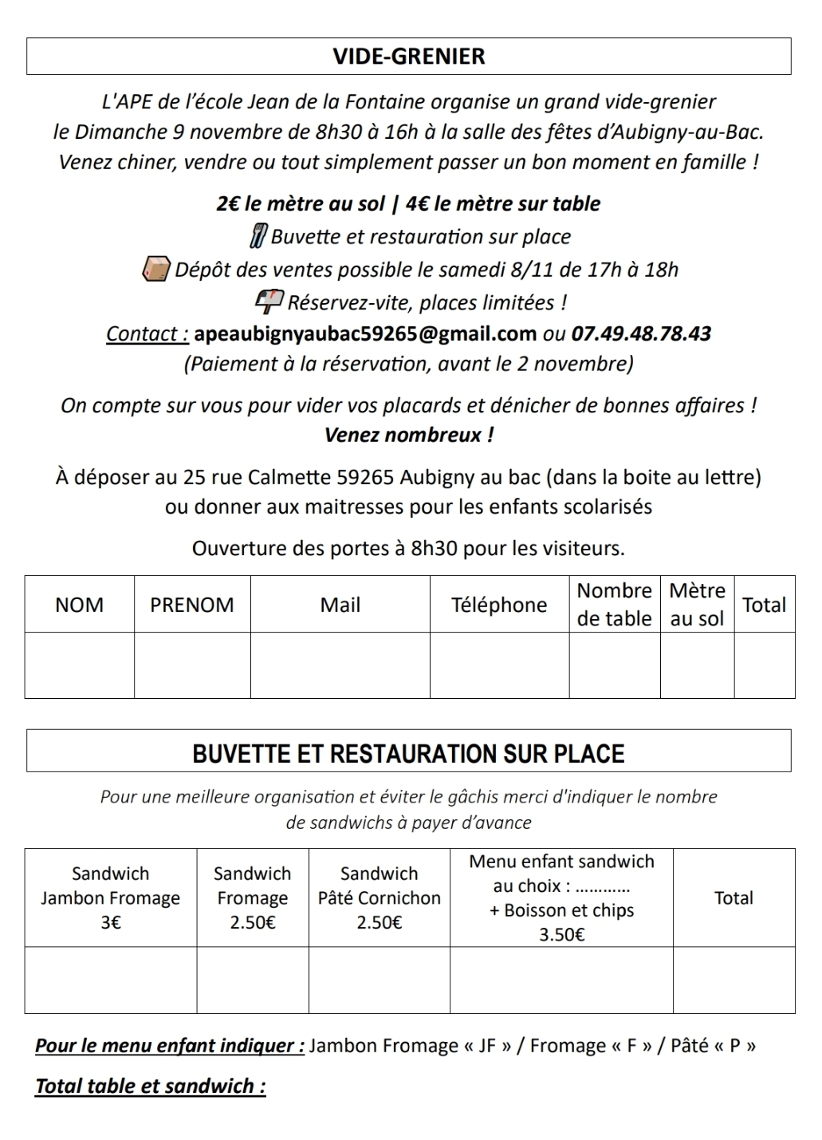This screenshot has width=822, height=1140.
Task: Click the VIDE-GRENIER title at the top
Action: click(408, 57)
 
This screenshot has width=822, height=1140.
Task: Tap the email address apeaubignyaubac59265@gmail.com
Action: click(365, 333)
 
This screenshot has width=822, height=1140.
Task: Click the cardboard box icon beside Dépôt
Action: click(155, 270)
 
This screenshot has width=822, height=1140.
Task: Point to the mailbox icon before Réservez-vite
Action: click(268, 302)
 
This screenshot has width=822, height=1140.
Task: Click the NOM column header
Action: click(79, 605)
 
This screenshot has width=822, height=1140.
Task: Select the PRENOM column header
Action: click(192, 605)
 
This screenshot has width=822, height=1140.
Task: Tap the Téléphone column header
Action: click(499, 605)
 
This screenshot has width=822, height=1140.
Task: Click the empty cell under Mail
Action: click(340, 665)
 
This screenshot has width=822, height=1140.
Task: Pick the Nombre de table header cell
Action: click(615, 604)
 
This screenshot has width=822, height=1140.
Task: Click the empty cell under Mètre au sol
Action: click(697, 665)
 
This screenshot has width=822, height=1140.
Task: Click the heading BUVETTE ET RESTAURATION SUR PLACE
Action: click(408, 754)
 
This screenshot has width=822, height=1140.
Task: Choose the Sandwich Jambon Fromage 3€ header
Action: click(111, 897)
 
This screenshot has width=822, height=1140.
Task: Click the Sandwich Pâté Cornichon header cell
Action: click(379, 897)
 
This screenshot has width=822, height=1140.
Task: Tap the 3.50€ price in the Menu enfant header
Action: click(562, 934)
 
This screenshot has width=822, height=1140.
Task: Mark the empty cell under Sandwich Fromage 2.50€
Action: click(253, 980)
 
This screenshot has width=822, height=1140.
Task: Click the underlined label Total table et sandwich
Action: click(151, 1086)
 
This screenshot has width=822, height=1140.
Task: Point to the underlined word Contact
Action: click(147, 333)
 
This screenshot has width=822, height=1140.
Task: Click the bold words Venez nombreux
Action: click(408, 435)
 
